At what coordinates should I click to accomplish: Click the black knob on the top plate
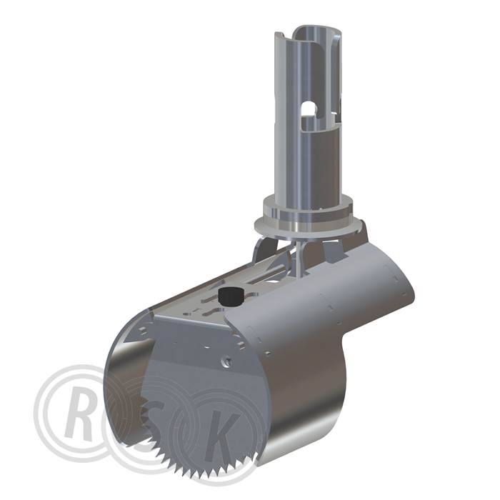229,296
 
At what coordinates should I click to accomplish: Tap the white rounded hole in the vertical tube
309,109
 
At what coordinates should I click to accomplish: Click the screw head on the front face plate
226,361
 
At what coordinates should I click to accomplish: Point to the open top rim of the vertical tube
318,30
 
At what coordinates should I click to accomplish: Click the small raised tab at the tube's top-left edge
279,34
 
